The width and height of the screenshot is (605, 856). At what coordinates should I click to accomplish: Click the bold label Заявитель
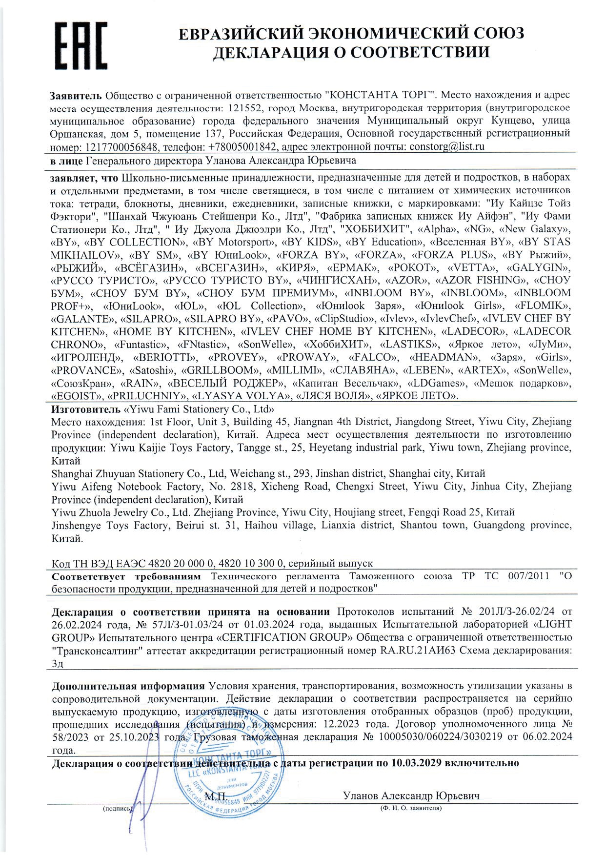(x=77, y=95)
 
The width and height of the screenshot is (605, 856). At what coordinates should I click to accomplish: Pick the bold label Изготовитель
(x=86, y=409)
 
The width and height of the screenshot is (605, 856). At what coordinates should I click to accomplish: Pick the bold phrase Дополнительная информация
(x=128, y=686)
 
